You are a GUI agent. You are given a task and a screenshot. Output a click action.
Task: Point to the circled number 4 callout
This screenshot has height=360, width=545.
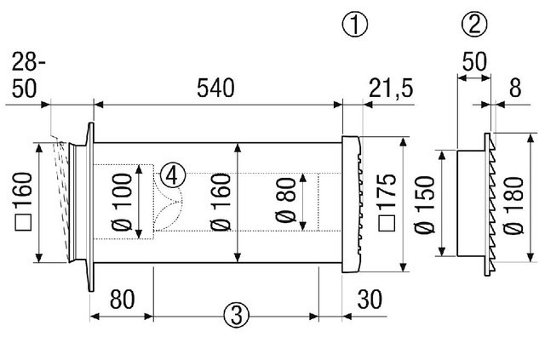(x=172, y=175)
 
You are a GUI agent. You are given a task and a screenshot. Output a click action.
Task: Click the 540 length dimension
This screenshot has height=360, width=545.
(x=215, y=88)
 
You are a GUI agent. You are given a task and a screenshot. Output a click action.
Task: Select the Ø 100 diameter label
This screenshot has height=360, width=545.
(x=123, y=203)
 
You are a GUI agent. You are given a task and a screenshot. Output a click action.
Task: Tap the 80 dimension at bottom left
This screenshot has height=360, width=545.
(x=121, y=300)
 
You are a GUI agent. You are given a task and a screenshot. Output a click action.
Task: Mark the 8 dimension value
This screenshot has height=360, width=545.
(x=514, y=88)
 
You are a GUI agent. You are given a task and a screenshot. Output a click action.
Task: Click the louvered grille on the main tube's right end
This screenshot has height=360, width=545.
(x=353, y=203)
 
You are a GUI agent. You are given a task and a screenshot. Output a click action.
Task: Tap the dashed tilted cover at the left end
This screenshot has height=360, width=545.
(x=60, y=200)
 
